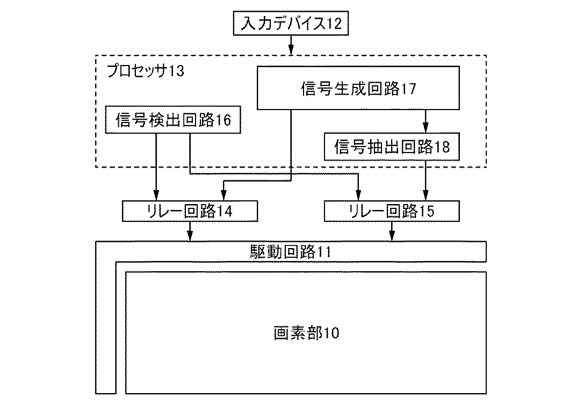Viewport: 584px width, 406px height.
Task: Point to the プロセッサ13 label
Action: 146,71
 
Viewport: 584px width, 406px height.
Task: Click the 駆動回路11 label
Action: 291,252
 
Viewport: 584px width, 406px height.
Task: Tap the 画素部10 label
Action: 307,332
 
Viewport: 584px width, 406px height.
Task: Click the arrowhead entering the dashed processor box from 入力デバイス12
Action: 291,50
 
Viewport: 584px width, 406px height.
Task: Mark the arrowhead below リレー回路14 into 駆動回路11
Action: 190,236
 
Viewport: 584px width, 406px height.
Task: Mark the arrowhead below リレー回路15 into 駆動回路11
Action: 392,236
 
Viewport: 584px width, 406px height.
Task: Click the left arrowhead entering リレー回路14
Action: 156,196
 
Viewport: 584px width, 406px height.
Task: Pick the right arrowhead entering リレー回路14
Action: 223,196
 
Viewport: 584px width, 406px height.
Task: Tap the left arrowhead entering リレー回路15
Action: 358,196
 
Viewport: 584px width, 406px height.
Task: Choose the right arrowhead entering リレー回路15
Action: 426,196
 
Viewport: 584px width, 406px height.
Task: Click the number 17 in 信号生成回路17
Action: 408,89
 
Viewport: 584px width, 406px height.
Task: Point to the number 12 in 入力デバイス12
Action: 334,24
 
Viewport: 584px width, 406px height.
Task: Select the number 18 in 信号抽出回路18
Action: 442,147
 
